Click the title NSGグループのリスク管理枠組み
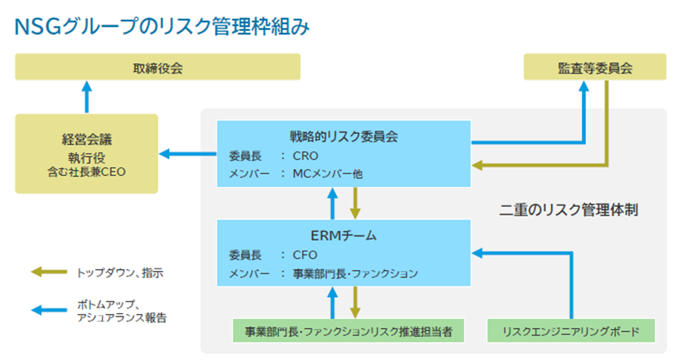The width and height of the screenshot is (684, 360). (162, 27)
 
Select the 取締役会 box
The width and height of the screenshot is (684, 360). (158, 67)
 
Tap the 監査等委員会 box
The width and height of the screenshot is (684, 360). (595, 67)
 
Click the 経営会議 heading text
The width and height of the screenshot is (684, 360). (87, 139)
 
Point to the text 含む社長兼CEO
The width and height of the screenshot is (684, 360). (87, 172)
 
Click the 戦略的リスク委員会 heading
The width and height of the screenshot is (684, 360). (344, 136)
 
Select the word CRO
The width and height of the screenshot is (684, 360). (305, 156)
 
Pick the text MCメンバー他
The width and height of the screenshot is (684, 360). (328, 174)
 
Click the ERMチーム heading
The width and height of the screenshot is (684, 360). (343, 236)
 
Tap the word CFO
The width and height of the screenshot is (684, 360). (305, 255)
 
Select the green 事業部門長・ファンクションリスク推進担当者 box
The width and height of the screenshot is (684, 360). (348, 330)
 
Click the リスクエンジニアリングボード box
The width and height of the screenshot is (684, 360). (571, 330)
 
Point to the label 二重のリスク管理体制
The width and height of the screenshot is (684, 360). (568, 210)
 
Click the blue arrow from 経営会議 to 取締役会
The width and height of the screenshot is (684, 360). (87, 97)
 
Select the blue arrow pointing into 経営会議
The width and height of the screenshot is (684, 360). (188, 154)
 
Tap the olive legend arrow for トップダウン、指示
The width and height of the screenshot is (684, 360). (49, 272)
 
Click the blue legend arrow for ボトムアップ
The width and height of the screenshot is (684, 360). (49, 310)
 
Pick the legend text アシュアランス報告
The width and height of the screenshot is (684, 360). (122, 317)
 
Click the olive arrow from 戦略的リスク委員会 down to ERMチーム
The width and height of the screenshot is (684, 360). (355, 203)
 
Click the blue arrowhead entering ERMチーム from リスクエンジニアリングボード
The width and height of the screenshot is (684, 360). (477, 253)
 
